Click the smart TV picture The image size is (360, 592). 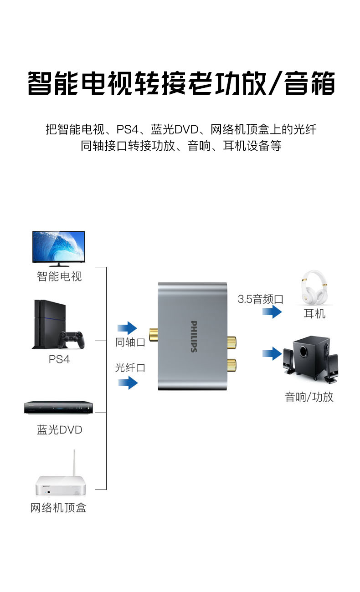pyautogui.click(x=58, y=249)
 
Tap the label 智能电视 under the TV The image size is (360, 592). pyautogui.click(x=59, y=276)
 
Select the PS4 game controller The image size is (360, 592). pyautogui.click(x=71, y=340)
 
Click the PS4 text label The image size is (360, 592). pyautogui.click(x=59, y=359)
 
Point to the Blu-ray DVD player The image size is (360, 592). pyautogui.click(x=58, y=408)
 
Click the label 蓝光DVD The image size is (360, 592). pyautogui.click(x=60, y=430)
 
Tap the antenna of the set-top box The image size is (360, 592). pyautogui.click(x=74, y=463)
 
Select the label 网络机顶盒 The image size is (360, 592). pyautogui.click(x=58, y=508)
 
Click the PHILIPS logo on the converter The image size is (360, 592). pyautogui.click(x=194, y=337)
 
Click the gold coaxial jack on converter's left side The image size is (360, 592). pyautogui.click(x=154, y=335)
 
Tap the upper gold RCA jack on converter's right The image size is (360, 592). pyautogui.click(x=231, y=342)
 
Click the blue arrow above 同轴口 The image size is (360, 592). pyautogui.click(x=127, y=328)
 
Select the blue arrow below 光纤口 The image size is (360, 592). pyautogui.click(x=128, y=383)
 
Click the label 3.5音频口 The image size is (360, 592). pyautogui.click(x=261, y=299)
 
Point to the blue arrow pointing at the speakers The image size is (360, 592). pyautogui.click(x=272, y=353)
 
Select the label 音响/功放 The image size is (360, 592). pyautogui.click(x=309, y=397)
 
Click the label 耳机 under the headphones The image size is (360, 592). pyautogui.click(x=314, y=314)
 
